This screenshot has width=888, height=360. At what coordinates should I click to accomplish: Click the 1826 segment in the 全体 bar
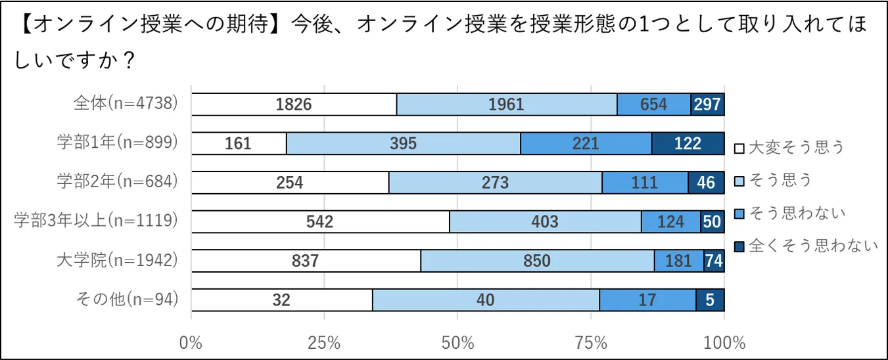point(294,104)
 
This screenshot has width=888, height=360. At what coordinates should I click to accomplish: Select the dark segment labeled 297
point(707,104)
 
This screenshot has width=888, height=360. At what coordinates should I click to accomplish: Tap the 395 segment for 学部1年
point(403,143)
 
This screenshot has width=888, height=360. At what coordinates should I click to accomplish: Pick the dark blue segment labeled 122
point(688,143)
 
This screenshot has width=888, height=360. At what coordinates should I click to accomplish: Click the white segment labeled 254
point(290,183)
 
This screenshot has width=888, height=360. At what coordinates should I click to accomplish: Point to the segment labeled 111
point(645,183)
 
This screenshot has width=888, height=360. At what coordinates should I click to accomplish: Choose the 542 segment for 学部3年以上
point(320,221)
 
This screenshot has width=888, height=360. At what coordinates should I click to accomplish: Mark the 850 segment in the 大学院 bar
point(537,261)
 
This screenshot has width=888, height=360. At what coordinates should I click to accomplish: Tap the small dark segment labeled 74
point(714,261)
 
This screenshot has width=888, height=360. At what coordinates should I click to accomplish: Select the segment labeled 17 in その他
point(647,300)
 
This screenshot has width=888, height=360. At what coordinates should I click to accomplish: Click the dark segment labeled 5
point(710,300)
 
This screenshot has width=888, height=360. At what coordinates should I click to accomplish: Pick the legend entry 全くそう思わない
point(806,246)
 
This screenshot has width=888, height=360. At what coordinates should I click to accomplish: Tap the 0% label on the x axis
point(191,343)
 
